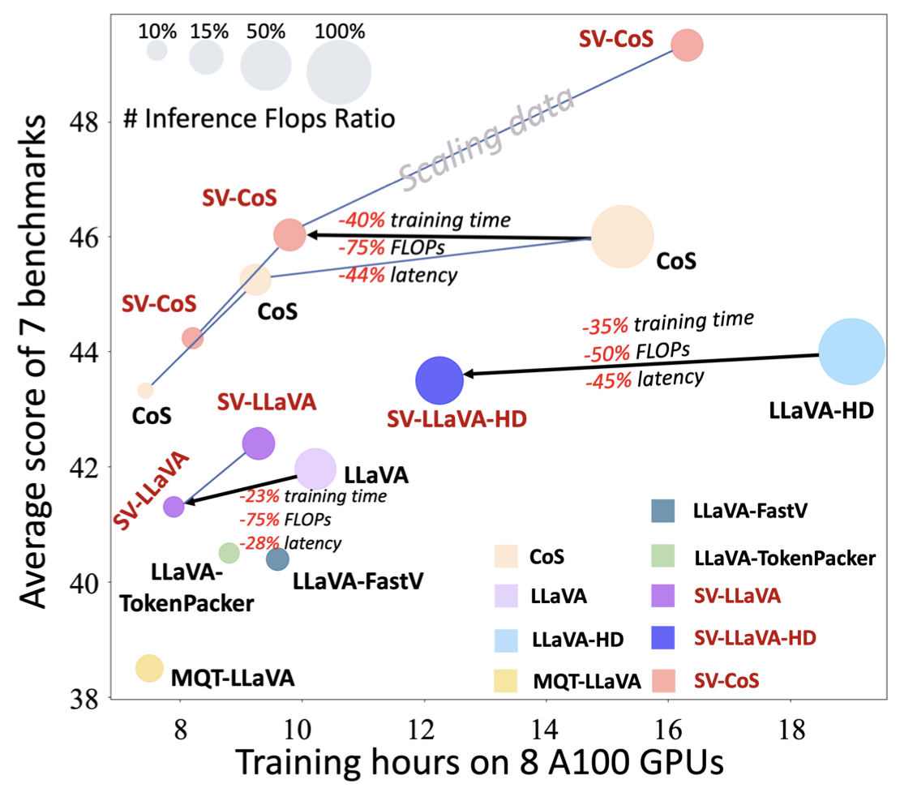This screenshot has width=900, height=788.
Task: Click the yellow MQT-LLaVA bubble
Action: click(149, 667)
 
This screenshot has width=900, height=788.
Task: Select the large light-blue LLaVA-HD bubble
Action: click(851, 352)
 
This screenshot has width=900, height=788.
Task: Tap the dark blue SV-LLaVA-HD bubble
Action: click(439, 380)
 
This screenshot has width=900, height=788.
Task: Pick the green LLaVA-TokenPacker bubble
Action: click(229, 553)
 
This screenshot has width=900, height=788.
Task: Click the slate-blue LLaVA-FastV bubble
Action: click(277, 559)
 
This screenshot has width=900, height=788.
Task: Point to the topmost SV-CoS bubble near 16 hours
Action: click(688, 45)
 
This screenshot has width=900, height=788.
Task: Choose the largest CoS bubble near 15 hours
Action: click(622, 237)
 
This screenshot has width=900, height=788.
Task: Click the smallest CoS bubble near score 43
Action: click(145, 391)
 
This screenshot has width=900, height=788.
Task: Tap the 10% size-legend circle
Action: click(156, 50)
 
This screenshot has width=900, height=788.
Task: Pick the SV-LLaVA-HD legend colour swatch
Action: click(664, 639)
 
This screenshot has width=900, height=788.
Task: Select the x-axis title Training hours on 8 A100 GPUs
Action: click(479, 762)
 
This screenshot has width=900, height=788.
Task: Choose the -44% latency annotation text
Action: click(398, 275)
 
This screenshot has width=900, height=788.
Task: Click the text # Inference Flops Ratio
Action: click(259, 120)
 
